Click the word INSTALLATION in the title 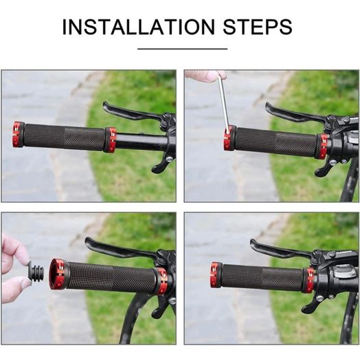pos(139,27)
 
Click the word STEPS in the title pos(258,27)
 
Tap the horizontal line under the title pos(183,49)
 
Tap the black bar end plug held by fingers pos(36,272)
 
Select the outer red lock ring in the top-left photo pos(19,135)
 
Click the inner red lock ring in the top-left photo pos(110,140)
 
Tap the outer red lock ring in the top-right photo pos(229,138)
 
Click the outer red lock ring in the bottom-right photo pos(216,274)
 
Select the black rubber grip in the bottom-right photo pos(262,277)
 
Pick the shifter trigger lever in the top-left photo pos(160,165)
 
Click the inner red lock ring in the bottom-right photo pos(309,281)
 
